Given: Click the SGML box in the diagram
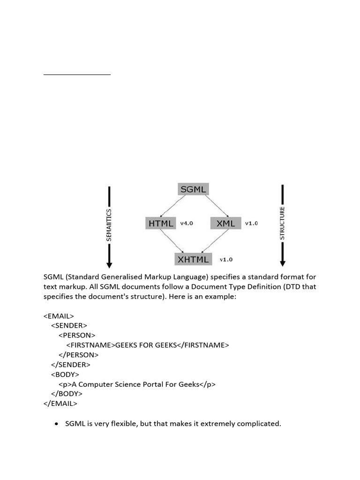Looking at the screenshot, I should [194, 189].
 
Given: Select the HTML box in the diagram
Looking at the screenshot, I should [161, 223].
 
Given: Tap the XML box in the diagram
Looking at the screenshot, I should [226, 223].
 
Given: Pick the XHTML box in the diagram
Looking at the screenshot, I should [194, 259].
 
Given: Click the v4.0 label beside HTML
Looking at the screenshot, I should [187, 224].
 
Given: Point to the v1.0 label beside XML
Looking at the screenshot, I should [251, 224].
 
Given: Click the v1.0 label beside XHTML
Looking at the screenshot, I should [226, 259].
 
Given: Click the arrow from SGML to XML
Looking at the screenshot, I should [217, 206].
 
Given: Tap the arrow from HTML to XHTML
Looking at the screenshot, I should [173, 241].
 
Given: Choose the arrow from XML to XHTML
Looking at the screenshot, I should [214, 241].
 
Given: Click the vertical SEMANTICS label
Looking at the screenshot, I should [109, 225].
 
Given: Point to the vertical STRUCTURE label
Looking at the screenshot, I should [282, 223].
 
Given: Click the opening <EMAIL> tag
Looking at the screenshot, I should [59, 316].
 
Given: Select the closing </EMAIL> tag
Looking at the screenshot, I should [60, 403].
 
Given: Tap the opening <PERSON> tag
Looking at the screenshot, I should [77, 335].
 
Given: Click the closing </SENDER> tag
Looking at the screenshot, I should [71, 364].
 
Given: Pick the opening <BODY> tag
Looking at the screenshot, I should [65, 374].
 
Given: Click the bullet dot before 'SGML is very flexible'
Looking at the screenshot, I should [57, 423].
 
